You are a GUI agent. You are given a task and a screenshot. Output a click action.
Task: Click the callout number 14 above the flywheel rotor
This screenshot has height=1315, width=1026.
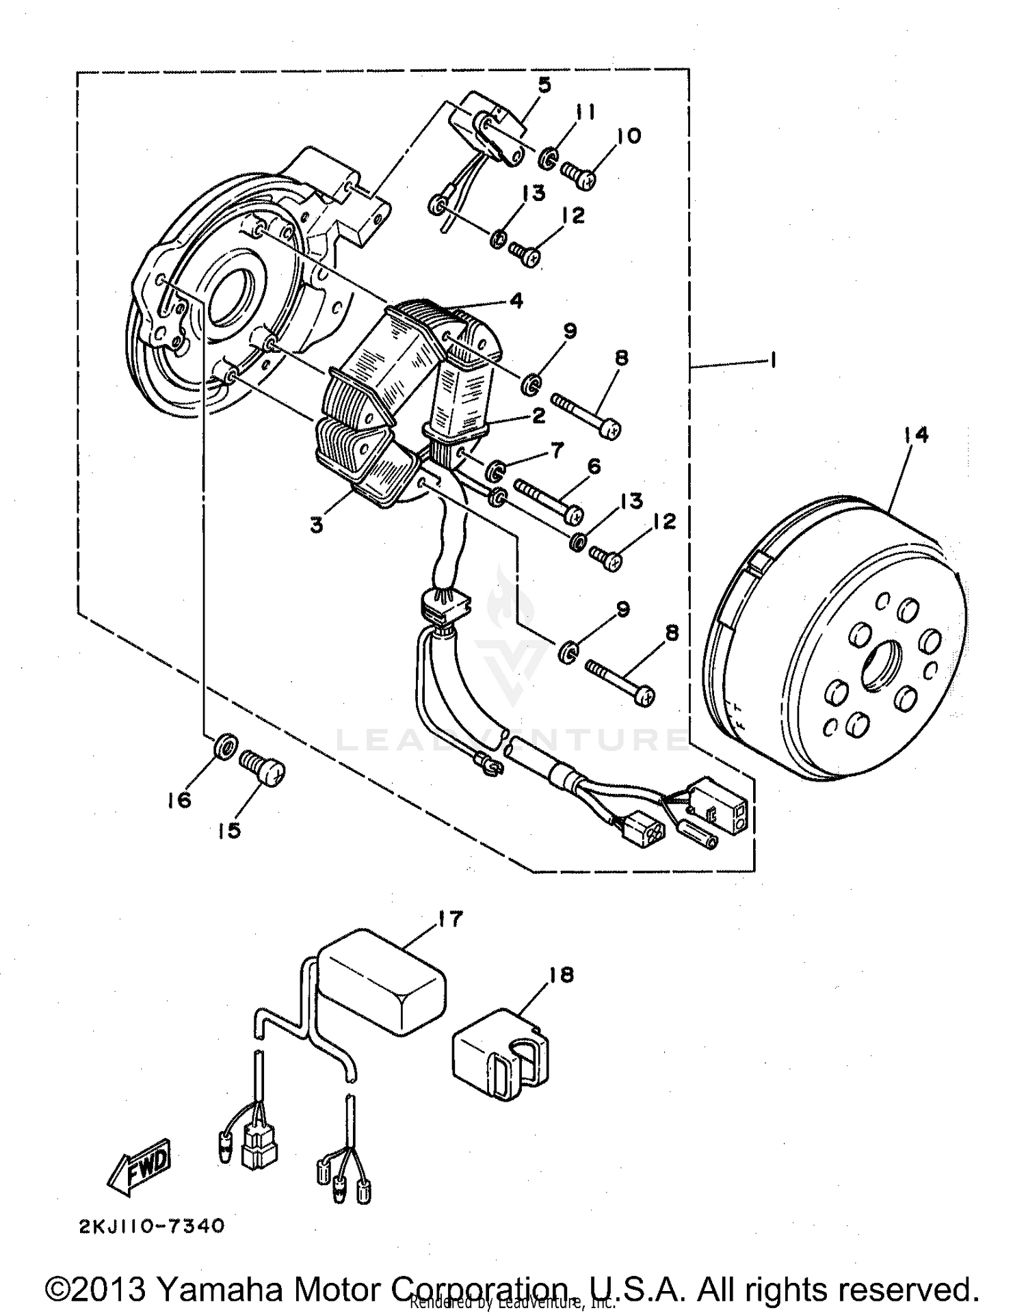pos(915,434)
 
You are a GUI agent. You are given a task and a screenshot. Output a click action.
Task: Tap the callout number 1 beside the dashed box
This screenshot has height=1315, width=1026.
pos(772,360)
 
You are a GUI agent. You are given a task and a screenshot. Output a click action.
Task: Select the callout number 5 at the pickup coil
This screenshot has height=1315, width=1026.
pos(544,85)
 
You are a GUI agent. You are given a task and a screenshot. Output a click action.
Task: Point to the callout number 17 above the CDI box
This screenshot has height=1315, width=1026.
pos(451,918)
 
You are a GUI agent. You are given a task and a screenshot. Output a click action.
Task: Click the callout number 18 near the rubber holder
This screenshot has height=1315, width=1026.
pos(561,974)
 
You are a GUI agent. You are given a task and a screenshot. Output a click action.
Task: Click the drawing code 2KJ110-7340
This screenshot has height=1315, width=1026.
pos(151,1226)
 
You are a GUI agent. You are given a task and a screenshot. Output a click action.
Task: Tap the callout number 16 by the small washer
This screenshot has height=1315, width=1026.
pos(179,799)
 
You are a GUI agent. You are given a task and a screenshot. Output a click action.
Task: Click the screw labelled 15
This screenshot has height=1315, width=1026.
pos(263,768)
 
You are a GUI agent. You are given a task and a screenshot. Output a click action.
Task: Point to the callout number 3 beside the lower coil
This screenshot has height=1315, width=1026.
pos(316,526)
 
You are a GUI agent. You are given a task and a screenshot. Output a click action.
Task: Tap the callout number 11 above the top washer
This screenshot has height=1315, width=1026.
pos(585,112)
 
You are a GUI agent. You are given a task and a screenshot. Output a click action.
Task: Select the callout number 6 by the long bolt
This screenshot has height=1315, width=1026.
pos(594,466)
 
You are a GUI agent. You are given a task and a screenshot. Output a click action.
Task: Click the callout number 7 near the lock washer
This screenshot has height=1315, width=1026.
pos(557,449)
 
